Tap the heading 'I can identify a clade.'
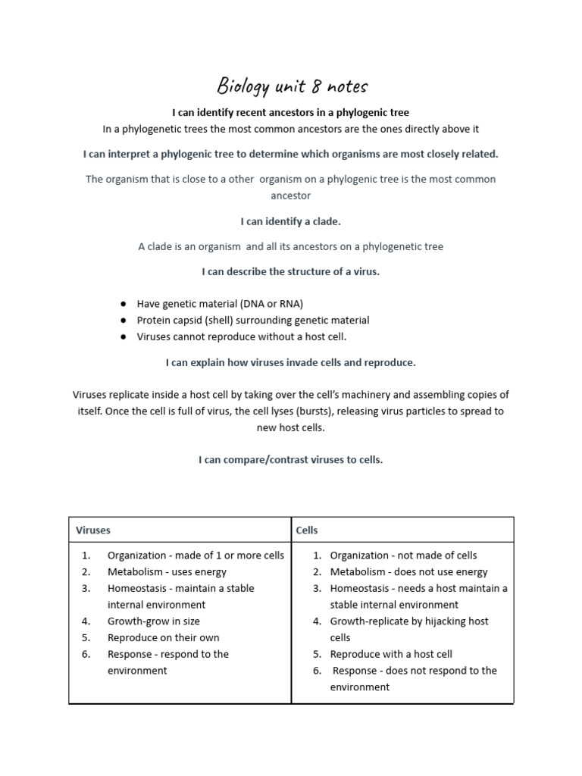[291, 222]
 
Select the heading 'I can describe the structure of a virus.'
[291, 272]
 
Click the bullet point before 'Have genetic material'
[123, 304]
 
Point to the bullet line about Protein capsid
[253, 321]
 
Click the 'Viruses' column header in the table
[93, 530]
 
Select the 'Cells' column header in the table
[307, 530]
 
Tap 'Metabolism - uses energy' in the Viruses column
[167, 572]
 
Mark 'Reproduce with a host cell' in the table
[391, 654]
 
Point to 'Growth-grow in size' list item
[153, 621]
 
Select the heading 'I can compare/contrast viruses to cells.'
[291, 460]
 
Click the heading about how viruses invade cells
[291, 363]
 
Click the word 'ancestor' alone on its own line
[291, 196]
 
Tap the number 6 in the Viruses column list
[86, 654]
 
